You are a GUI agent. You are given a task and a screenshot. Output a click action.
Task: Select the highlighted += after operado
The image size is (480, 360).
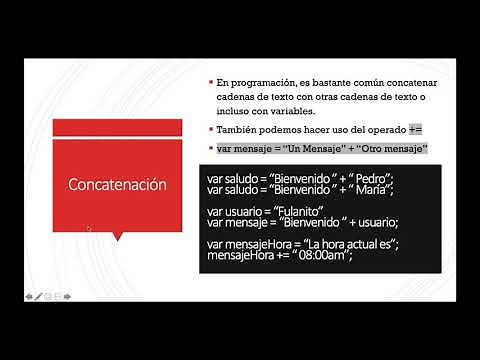[x=416, y=130]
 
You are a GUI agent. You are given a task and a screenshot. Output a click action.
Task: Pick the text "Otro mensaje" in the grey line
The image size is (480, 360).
[x=394, y=149]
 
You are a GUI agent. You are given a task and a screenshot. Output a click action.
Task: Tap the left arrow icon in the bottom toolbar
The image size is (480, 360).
[x=29, y=296]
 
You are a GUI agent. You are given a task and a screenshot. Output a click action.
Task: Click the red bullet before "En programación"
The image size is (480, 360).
[x=211, y=80]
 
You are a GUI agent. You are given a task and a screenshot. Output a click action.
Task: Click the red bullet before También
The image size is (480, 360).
[x=211, y=130]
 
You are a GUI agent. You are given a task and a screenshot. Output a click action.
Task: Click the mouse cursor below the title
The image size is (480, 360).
[x=89, y=228]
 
